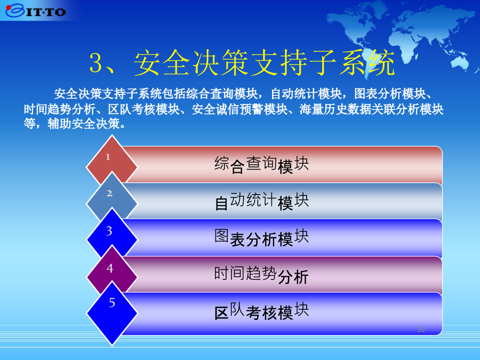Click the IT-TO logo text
click(x=46, y=12)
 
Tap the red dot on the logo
click(x=8, y=7)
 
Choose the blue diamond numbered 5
click(x=112, y=314)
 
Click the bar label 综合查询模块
click(x=261, y=165)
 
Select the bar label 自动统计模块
click(x=261, y=202)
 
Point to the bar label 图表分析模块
click(x=261, y=238)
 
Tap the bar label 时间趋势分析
click(x=261, y=275)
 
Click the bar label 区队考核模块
click(x=261, y=311)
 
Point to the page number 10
click(x=421, y=330)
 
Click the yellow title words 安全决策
click(x=190, y=63)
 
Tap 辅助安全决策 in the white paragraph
click(x=84, y=124)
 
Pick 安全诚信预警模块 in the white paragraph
click(x=239, y=109)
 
